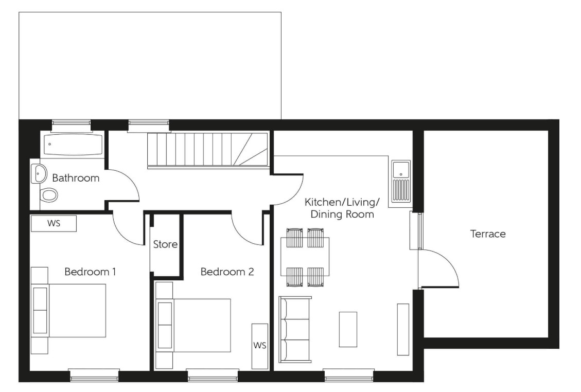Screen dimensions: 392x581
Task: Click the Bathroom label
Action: click(x=76, y=179)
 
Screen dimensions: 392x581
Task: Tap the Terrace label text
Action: click(x=488, y=234)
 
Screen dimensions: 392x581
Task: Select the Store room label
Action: click(x=165, y=244)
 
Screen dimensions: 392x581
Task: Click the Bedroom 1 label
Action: click(x=90, y=271)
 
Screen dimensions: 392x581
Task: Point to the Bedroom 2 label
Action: click(x=227, y=271)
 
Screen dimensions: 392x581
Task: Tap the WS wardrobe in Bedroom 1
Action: click(x=54, y=224)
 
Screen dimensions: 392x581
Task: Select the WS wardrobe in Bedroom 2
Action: click(x=259, y=346)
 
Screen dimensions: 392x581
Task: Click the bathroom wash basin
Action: click(x=39, y=174)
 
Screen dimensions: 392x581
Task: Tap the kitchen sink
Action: click(x=401, y=181)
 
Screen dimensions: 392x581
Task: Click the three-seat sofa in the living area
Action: click(x=295, y=329)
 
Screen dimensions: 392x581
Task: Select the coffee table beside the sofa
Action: click(x=348, y=329)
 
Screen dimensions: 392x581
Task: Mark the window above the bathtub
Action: click(x=71, y=123)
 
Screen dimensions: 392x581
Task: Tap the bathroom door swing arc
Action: click(x=126, y=185)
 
